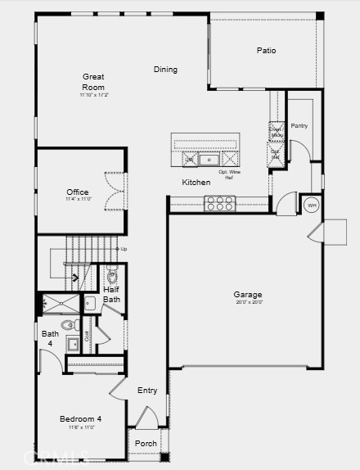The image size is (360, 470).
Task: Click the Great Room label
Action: click(x=94, y=82)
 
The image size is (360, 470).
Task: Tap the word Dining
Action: click(x=165, y=70)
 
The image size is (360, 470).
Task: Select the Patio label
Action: click(x=266, y=51)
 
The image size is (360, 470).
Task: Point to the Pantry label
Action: click(x=299, y=126)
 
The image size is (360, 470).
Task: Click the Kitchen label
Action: click(x=196, y=183)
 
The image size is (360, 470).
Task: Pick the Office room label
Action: click(x=78, y=192)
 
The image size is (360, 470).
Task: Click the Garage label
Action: click(x=247, y=295)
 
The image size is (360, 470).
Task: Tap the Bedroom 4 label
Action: click(x=81, y=419)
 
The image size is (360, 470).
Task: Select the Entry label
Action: click(x=147, y=391)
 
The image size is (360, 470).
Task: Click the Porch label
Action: click(x=146, y=444)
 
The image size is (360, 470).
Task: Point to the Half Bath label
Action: click(x=112, y=294)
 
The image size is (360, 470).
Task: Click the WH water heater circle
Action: click(x=311, y=205)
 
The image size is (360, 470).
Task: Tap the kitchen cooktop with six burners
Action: click(x=219, y=203)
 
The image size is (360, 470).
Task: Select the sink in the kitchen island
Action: click(x=209, y=159)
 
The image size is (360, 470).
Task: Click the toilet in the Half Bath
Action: click(x=113, y=275)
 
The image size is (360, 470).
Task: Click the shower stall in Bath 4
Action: click(x=61, y=305)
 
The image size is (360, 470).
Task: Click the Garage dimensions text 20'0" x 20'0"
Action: click(x=247, y=303)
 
